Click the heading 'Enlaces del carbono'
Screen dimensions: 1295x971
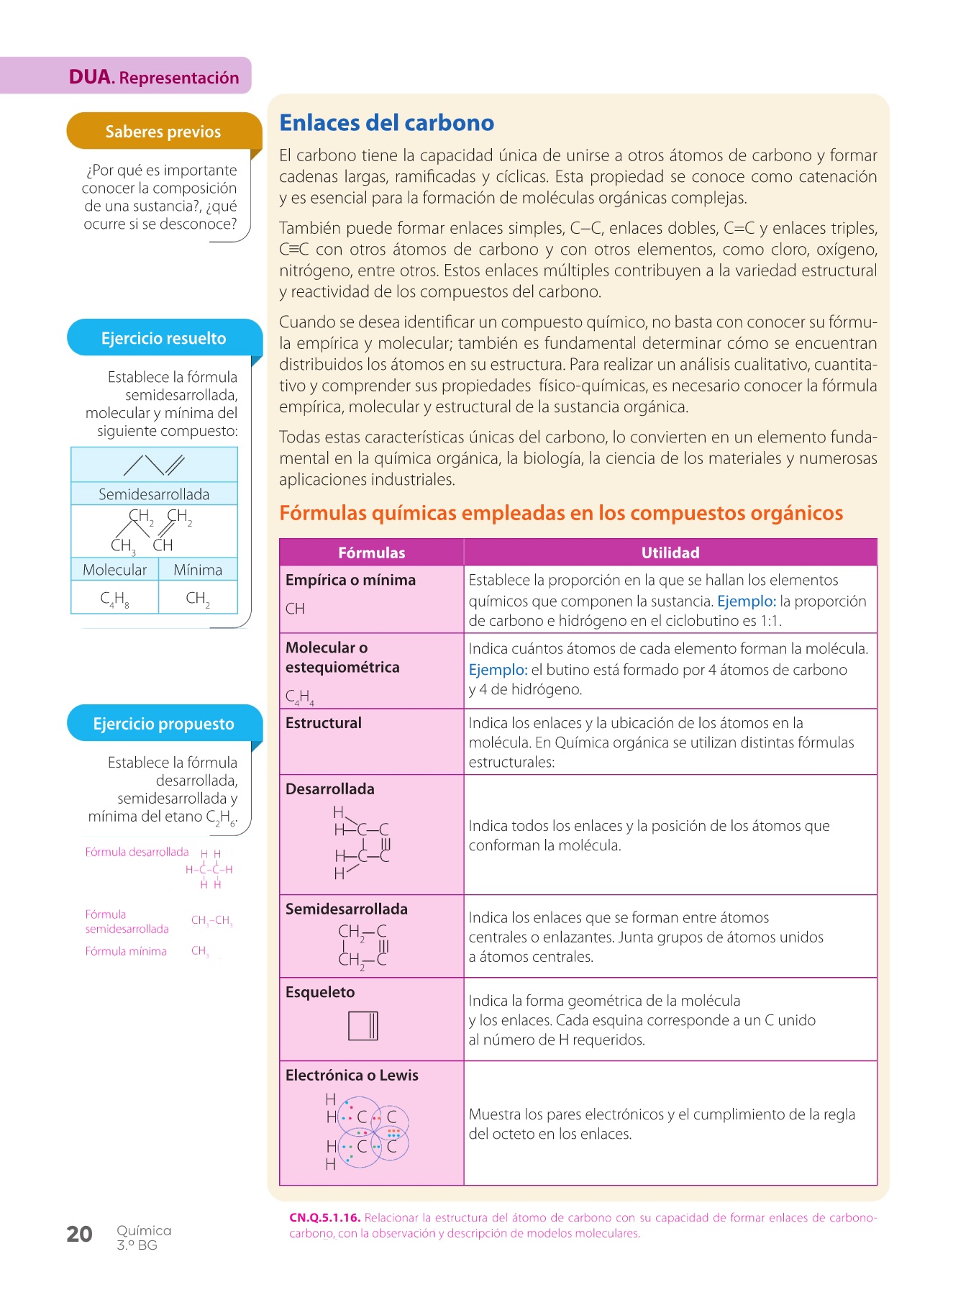(386, 123)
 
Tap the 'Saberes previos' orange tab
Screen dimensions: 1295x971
(163, 132)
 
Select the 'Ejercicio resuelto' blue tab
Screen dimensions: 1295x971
(163, 338)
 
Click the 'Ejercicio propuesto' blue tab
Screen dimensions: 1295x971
(163, 724)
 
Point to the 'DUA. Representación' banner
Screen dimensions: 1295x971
(153, 77)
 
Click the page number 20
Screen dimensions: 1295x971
(79, 1234)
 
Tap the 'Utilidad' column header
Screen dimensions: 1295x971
(670, 553)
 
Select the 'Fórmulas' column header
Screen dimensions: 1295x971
(371, 553)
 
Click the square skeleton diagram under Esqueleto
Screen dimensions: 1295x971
(363, 1025)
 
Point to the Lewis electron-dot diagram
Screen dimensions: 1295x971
(367, 1132)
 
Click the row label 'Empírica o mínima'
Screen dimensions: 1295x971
(350, 580)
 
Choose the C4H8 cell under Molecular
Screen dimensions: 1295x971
(114, 598)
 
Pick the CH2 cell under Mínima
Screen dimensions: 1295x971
(198, 598)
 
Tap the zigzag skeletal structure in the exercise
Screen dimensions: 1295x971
(154, 465)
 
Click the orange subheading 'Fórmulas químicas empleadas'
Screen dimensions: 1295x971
(561, 513)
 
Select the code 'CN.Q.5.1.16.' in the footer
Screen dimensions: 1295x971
(324, 1217)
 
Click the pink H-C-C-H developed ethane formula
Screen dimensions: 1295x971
(209, 869)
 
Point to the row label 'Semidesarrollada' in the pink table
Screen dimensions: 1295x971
(346, 909)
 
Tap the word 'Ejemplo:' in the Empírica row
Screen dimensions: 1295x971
(746, 601)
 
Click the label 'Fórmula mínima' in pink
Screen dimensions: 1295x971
(126, 951)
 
